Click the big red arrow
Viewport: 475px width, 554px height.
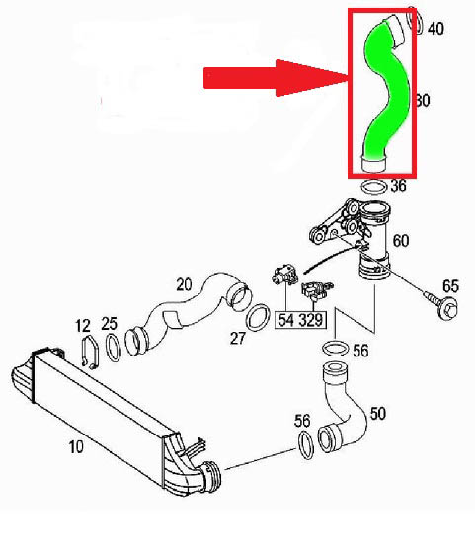click(276, 78)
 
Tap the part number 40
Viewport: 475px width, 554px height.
click(435, 29)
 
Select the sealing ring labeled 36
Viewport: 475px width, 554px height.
click(374, 187)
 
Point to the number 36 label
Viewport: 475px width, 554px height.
click(398, 185)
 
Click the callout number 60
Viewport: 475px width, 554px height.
click(401, 241)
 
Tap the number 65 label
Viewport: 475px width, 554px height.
click(450, 286)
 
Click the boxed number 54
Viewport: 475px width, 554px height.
click(286, 320)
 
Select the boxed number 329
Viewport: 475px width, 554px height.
click(311, 320)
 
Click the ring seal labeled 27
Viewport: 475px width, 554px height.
click(258, 318)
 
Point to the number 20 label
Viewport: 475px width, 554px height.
click(184, 284)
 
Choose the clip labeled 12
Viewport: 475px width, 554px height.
click(90, 353)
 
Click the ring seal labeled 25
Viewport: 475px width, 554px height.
click(114, 348)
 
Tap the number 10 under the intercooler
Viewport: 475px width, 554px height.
click(76, 447)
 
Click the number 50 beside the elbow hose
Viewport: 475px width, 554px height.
click(378, 414)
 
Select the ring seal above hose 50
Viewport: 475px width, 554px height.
click(336, 349)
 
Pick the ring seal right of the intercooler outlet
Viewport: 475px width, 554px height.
click(306, 444)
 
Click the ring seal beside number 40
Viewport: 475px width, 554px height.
click(416, 20)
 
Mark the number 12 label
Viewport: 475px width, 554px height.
click(83, 326)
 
